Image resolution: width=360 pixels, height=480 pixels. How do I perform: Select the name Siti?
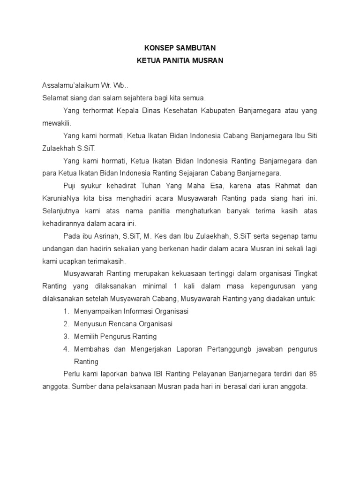pyautogui.click(x=310, y=136)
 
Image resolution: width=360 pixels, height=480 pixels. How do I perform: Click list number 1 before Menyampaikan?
pyautogui.click(x=66, y=311)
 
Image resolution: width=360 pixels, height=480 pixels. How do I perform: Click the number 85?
pyautogui.click(x=313, y=374)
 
